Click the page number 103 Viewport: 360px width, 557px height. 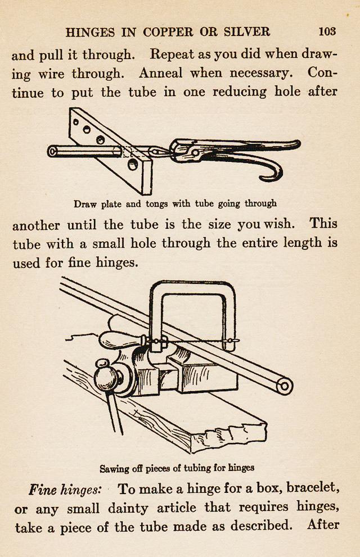[327, 31]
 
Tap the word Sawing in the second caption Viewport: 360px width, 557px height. [114, 468]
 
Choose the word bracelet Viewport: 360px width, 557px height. [314, 488]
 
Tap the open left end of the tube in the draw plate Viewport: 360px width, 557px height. [52, 151]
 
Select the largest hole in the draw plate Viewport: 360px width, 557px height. [132, 165]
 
